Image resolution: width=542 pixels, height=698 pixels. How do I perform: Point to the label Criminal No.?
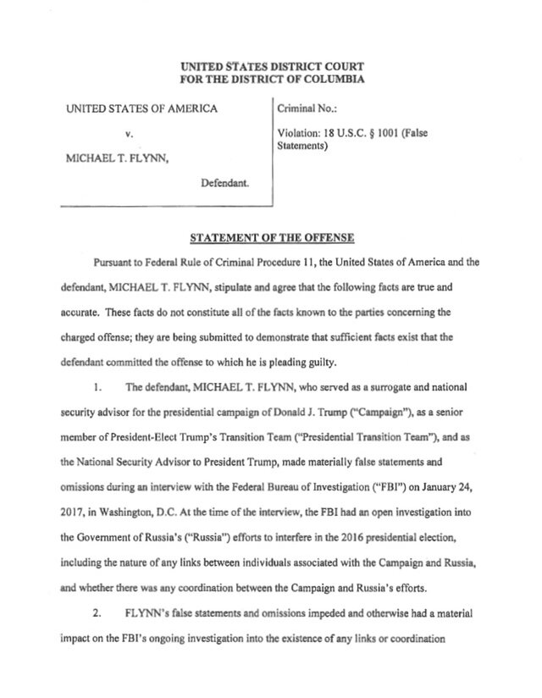click(302, 109)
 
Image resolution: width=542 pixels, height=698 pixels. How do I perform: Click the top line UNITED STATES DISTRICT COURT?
click(270, 67)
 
